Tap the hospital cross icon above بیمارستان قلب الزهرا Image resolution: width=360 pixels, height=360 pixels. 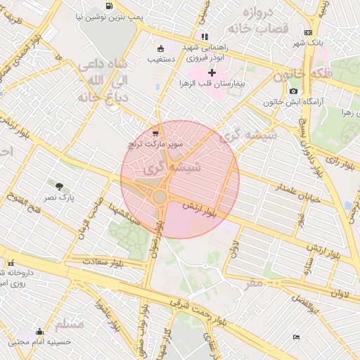[212, 72]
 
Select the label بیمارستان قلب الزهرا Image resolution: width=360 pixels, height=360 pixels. [217, 83]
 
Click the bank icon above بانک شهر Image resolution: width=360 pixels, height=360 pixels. [308, 32]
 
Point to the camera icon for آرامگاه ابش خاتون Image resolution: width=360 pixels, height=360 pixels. [293, 91]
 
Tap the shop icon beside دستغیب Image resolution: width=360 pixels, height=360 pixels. [161, 49]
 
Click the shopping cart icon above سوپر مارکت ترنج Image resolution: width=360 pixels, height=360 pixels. [155, 133]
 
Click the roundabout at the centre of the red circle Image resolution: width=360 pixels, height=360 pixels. [160, 198]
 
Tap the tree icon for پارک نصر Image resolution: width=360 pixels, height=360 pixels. [60, 186]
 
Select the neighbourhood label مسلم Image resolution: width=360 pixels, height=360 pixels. [69, 324]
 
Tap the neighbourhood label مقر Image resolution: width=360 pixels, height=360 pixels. [254, 282]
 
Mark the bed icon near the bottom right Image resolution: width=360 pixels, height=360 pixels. [296, 337]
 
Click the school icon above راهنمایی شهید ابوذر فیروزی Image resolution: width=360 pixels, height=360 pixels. [205, 37]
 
